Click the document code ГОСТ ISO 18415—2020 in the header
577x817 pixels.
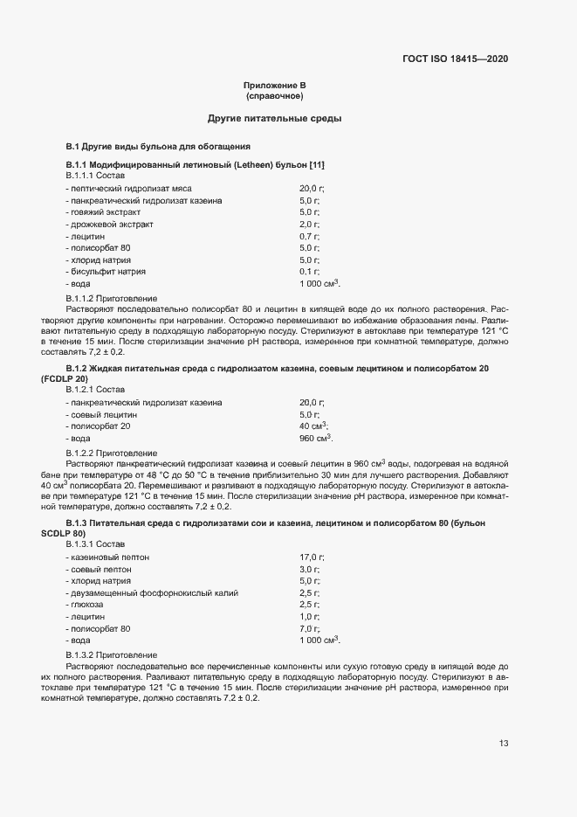454,59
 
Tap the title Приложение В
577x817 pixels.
274,85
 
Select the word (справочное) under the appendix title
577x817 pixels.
274,95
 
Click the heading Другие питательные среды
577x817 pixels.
274,118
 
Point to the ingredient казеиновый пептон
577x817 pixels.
109,557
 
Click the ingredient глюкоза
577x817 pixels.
86,605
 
